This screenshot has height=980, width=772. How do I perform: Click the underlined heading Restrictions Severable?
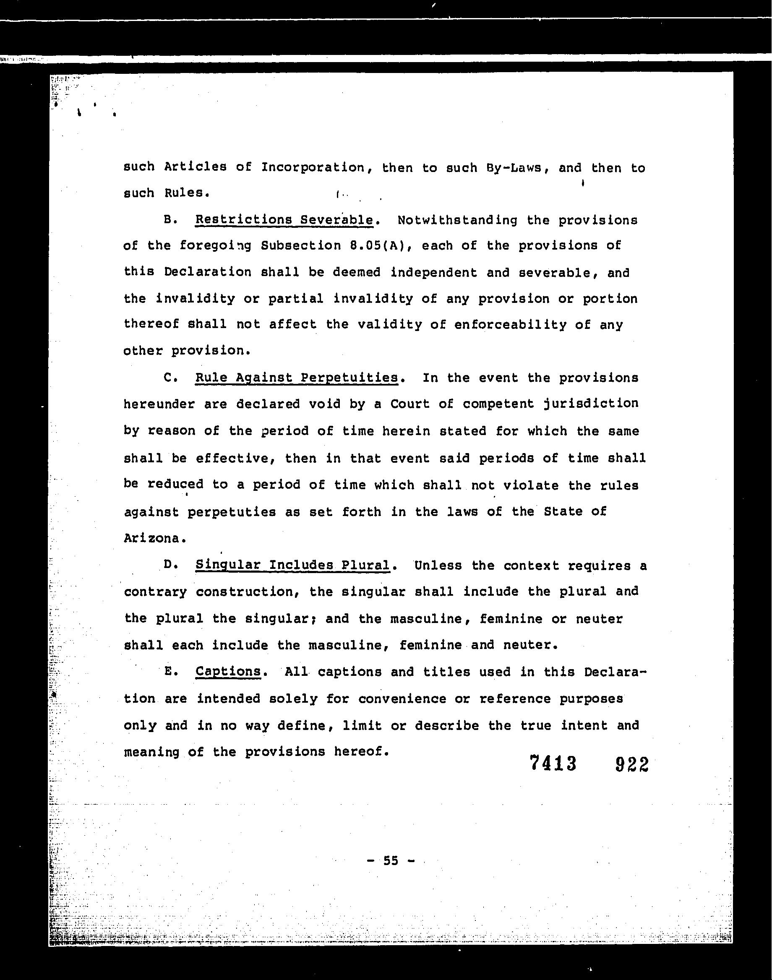pyautogui.click(x=284, y=220)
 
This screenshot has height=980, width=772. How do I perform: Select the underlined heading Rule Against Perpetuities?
pyautogui.click(x=297, y=377)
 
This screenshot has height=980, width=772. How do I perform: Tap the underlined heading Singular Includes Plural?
pyautogui.click(x=292, y=565)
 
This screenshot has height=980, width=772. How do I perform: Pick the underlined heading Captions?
pyautogui.click(x=228, y=671)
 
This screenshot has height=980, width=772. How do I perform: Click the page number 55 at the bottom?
pyautogui.click(x=391, y=861)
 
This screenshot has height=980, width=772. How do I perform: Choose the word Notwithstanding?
pyautogui.click(x=457, y=220)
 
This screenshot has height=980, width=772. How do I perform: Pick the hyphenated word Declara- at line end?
pyautogui.click(x=615, y=672)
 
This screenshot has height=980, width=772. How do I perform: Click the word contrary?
pyautogui.click(x=155, y=592)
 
